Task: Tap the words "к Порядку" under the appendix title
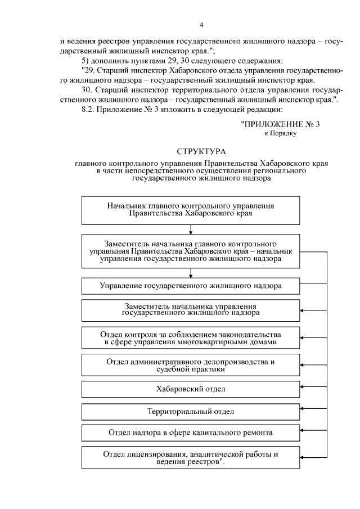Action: coord(280,133)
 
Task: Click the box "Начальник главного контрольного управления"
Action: coord(191,210)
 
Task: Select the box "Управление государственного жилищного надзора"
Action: coord(191,286)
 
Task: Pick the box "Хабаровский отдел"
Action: coord(191,389)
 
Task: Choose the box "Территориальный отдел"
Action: coord(191,411)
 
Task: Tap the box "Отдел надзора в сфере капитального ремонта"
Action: coord(191,433)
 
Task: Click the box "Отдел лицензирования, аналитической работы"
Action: coord(191,457)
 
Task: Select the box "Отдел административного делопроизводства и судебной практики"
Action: coord(191,365)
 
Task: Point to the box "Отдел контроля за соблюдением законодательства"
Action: coord(191,337)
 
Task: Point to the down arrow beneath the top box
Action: coord(191,229)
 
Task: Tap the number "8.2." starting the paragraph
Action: coord(90,110)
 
